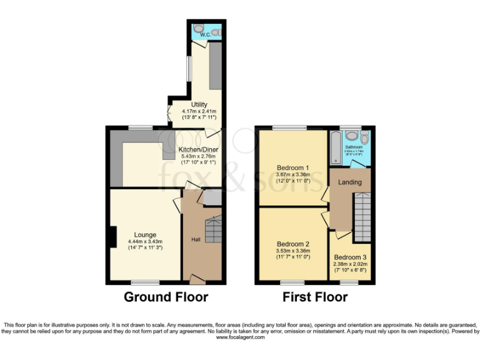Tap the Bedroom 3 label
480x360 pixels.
point(350,257)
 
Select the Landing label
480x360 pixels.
point(350,182)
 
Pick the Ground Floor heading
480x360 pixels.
point(166,297)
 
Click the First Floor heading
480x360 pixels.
point(315,297)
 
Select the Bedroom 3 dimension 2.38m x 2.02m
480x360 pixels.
point(350,264)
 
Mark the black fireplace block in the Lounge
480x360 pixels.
point(111,236)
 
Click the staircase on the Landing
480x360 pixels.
point(362,216)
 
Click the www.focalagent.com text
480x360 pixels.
point(240,337)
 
